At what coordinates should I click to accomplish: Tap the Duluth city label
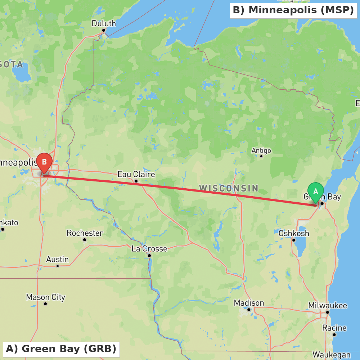pyautogui.click(x=104, y=23)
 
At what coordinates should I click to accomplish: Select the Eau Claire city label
pyautogui.click(x=136, y=175)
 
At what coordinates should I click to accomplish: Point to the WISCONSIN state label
pyautogui.click(x=229, y=188)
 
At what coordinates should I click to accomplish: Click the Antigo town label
pyautogui.click(x=261, y=150)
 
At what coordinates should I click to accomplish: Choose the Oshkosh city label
pyautogui.click(x=294, y=233)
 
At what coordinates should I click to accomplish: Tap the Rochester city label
pyautogui.click(x=85, y=233)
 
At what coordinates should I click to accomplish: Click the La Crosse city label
pyautogui.click(x=149, y=249)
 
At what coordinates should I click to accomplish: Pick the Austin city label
pyautogui.click(x=57, y=259)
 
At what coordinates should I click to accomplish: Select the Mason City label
pyautogui.click(x=45, y=297)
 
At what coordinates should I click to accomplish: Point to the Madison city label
pyautogui.click(x=249, y=303)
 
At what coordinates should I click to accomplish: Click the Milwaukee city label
pyautogui.click(x=328, y=306)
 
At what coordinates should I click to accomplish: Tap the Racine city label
pyautogui.click(x=334, y=328)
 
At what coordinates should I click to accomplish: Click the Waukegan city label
pyautogui.click(x=331, y=355)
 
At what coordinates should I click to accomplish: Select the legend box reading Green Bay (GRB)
pyautogui.click(x=61, y=349)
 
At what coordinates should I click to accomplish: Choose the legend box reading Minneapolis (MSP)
pyautogui.click(x=293, y=10)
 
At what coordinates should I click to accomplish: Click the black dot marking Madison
pyautogui.click(x=249, y=310)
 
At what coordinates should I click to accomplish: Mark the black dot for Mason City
pyautogui.click(x=45, y=304)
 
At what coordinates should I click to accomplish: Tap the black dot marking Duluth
pyautogui.click(x=104, y=30)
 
